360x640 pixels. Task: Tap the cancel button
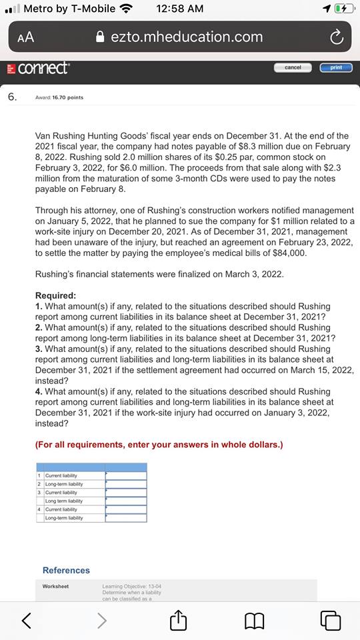[x=293, y=67]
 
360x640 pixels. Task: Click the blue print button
[x=336, y=67]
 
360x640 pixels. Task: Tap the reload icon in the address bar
[x=337, y=37]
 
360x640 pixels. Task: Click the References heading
[x=66, y=570]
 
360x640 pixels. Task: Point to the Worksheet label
[x=55, y=587]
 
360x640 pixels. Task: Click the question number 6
[x=12, y=97]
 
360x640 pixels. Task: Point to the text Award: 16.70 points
[x=59, y=97]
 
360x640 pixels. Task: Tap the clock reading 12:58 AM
[x=179, y=9]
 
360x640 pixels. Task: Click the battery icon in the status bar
[x=343, y=9]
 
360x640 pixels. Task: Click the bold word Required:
[x=55, y=295]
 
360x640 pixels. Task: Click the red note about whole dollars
[x=159, y=445]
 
